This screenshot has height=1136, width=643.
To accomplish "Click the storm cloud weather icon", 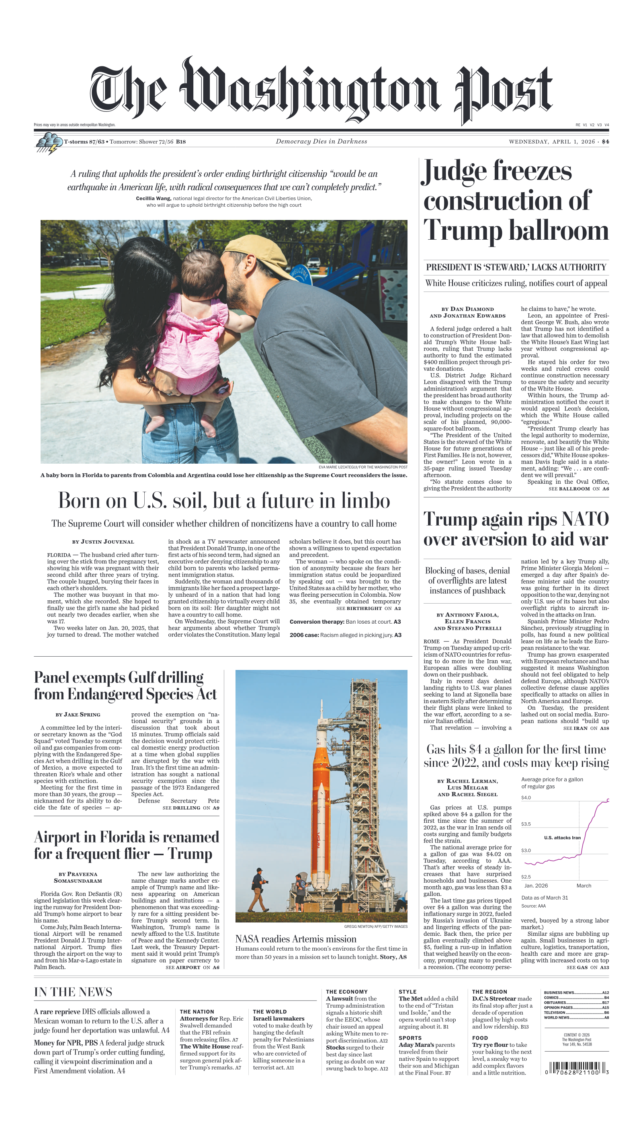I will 48,143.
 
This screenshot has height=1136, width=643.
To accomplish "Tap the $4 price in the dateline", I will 604,142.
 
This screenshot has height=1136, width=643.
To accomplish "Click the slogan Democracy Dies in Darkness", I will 321,142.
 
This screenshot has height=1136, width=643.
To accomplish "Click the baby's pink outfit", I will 190,345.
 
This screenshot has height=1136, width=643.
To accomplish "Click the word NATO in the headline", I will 585,519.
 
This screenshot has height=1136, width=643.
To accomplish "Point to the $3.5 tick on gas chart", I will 526,824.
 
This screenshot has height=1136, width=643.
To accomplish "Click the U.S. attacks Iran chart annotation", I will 562,837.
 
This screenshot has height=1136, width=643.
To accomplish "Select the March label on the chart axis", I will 584,885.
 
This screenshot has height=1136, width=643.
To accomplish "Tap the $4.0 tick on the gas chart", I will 526,797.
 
